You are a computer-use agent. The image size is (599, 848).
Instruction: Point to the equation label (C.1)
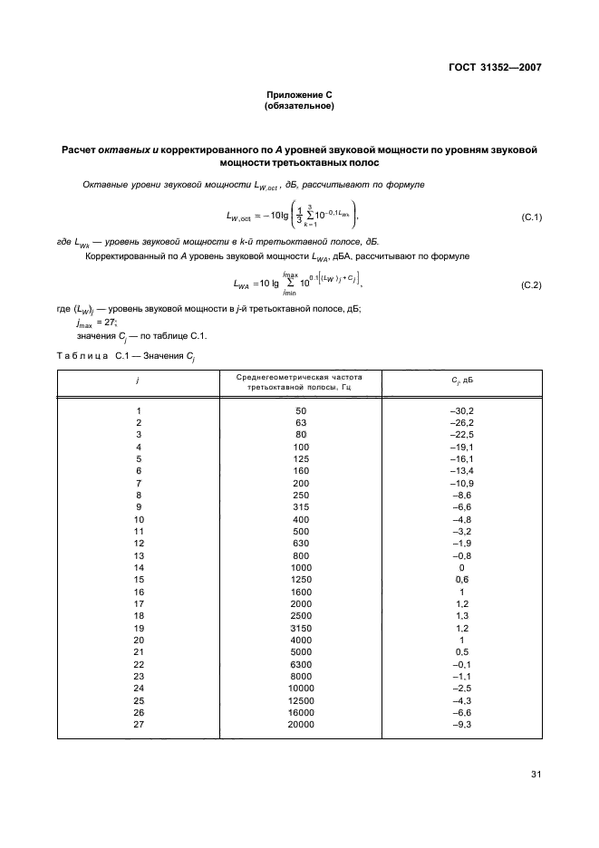click(531, 218)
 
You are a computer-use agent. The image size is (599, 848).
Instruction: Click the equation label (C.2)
click(531, 285)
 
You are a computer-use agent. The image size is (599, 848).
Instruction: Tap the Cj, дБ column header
click(462, 381)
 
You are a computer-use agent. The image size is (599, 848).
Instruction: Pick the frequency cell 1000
click(302, 566)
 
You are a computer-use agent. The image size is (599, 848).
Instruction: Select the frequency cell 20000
click(302, 725)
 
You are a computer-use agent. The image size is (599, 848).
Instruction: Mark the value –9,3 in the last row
click(462, 725)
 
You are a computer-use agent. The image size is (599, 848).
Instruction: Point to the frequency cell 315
click(302, 507)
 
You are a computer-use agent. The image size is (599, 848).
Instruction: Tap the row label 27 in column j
click(139, 725)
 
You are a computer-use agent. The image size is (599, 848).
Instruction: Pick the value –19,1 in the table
click(462, 447)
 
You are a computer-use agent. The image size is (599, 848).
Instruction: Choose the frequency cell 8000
click(302, 676)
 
